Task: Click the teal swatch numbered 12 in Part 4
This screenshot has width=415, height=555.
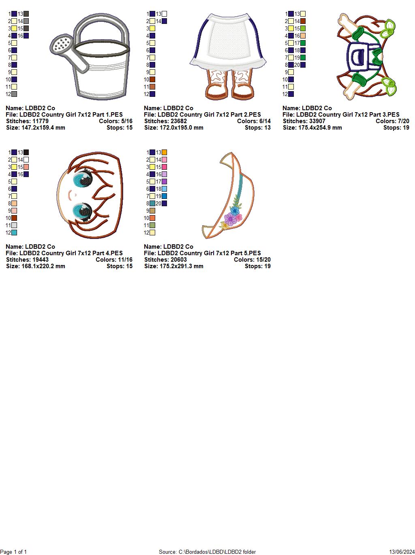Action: pos(14,233)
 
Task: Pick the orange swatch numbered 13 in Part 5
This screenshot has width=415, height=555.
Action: pos(165,152)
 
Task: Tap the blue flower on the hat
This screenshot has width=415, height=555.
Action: pos(235,210)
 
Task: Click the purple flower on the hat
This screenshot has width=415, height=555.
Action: pos(230,219)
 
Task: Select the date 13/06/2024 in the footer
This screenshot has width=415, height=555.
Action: pos(402,552)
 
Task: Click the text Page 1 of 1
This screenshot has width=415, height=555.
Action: pos(13,552)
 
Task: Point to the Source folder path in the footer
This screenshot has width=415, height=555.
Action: pos(207,552)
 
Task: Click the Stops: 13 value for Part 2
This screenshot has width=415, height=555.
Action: pos(258,128)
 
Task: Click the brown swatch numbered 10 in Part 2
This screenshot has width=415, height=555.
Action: pos(152,80)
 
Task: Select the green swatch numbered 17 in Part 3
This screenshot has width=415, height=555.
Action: pos(303,43)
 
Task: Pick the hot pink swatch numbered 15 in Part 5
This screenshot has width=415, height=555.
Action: pos(165,167)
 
